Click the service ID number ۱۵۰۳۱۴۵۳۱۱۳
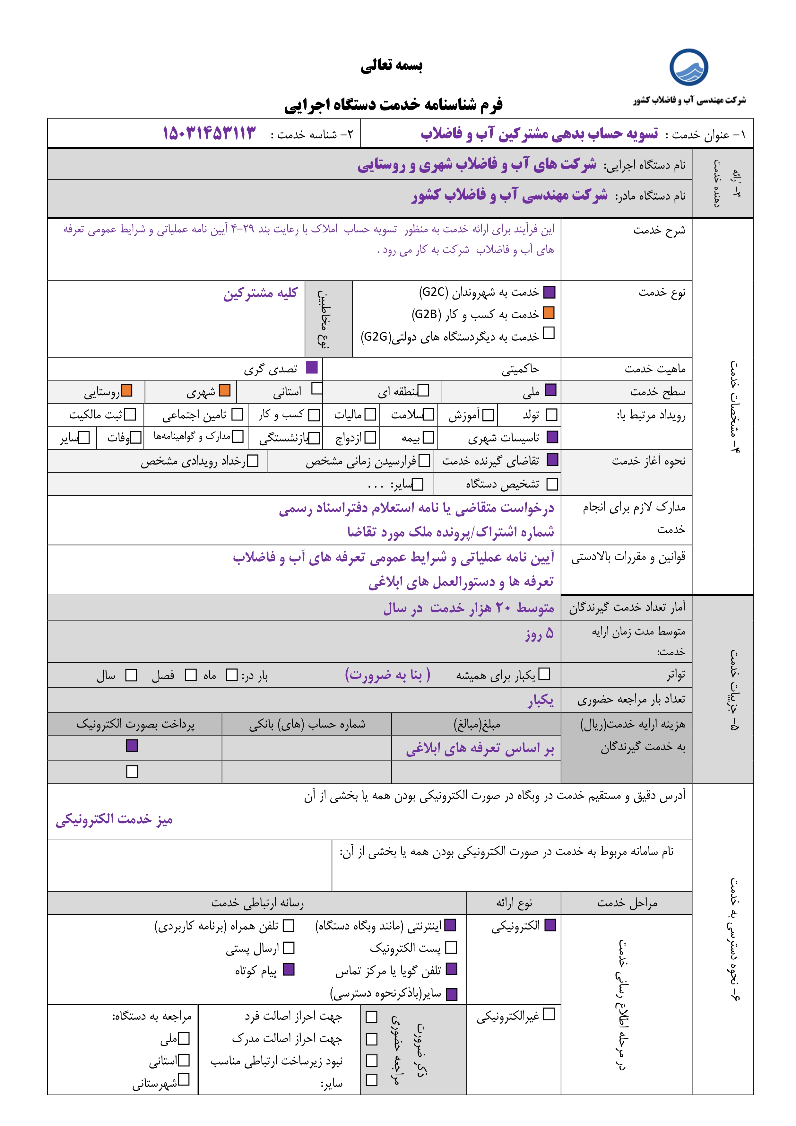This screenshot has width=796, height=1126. pos(209,133)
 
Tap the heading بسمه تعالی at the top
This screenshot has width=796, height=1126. pos(392,65)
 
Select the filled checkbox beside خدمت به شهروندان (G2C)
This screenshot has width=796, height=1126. pos(549,292)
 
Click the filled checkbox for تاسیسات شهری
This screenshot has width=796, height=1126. pos(552,437)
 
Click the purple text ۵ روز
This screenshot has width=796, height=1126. pos(540,633)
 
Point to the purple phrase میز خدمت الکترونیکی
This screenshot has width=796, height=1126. pos(114,819)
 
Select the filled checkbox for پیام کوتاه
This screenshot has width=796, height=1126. pos(289,970)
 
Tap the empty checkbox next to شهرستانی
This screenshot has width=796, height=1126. pos(184,1080)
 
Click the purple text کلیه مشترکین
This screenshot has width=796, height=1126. pos(260,293)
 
